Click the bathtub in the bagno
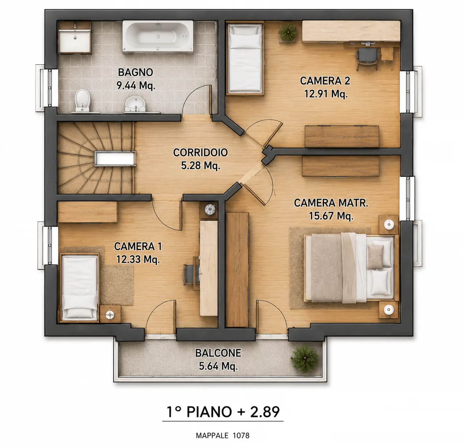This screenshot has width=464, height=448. pos(158,36)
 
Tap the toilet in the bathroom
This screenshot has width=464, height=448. pos(82,101)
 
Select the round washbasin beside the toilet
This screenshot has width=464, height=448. pos(135,104)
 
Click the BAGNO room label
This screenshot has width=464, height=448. pos(135,72)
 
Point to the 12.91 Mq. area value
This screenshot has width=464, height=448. pos(326,94)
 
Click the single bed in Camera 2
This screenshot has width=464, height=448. pos(245,58)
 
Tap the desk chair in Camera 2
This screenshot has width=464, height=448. pos(367,58)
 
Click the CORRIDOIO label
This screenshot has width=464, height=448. pos(200,153)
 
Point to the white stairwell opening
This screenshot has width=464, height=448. pos(115,158)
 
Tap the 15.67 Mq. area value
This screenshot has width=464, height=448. pos(331,216)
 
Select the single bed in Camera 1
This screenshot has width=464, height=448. pos(80,288)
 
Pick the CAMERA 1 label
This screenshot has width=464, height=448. pos(138,246)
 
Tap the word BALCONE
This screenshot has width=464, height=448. pos(218,353)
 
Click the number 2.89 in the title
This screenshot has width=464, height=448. pos(265,412)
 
